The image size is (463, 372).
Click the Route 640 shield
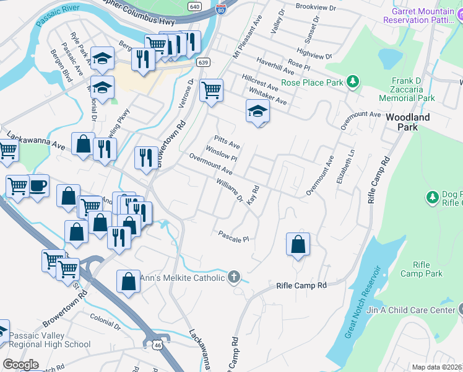195,6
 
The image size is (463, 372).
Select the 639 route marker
202,62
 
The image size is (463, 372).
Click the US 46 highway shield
150,342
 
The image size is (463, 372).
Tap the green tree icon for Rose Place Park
352,81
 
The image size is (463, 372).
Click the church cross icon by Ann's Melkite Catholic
233,277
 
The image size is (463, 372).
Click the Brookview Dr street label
315,8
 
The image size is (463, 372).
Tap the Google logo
20,365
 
